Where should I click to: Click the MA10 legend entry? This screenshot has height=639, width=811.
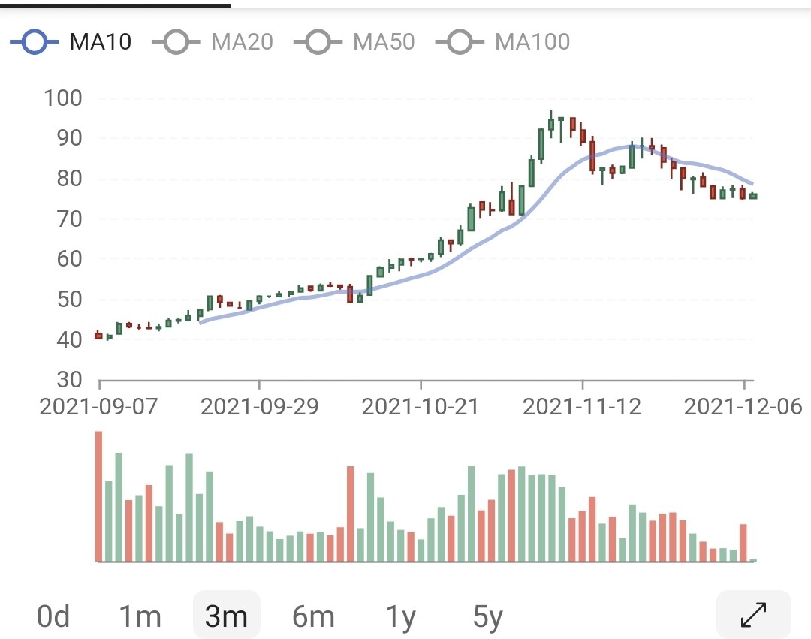pyautogui.click(x=71, y=41)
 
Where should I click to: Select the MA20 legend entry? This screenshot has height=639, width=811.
pyautogui.click(x=213, y=41)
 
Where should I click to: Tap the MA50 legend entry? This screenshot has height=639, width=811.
pyautogui.click(x=354, y=41)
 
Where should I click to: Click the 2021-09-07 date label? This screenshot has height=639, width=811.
pyautogui.click(x=99, y=407)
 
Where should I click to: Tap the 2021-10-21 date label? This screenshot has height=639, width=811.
pyautogui.click(x=421, y=407)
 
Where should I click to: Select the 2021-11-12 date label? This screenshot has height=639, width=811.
pyautogui.click(x=582, y=407)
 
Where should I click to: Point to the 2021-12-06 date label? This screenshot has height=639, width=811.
pyautogui.click(x=744, y=407)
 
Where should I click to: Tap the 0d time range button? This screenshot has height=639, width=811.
pyautogui.click(x=53, y=617)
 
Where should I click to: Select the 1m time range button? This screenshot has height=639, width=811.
pyautogui.click(x=140, y=617)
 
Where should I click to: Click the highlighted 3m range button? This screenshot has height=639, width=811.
pyautogui.click(x=226, y=617)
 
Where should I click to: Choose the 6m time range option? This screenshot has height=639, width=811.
pyautogui.click(x=313, y=617)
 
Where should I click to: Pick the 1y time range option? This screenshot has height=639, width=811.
pyautogui.click(x=401, y=617)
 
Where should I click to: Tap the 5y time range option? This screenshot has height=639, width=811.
pyautogui.click(x=488, y=617)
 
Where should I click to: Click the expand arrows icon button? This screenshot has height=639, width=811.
pyautogui.click(x=753, y=615)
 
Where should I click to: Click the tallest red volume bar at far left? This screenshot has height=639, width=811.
pyautogui.click(x=98, y=496)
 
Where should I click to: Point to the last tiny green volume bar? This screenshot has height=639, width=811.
pyautogui.click(x=753, y=559)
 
